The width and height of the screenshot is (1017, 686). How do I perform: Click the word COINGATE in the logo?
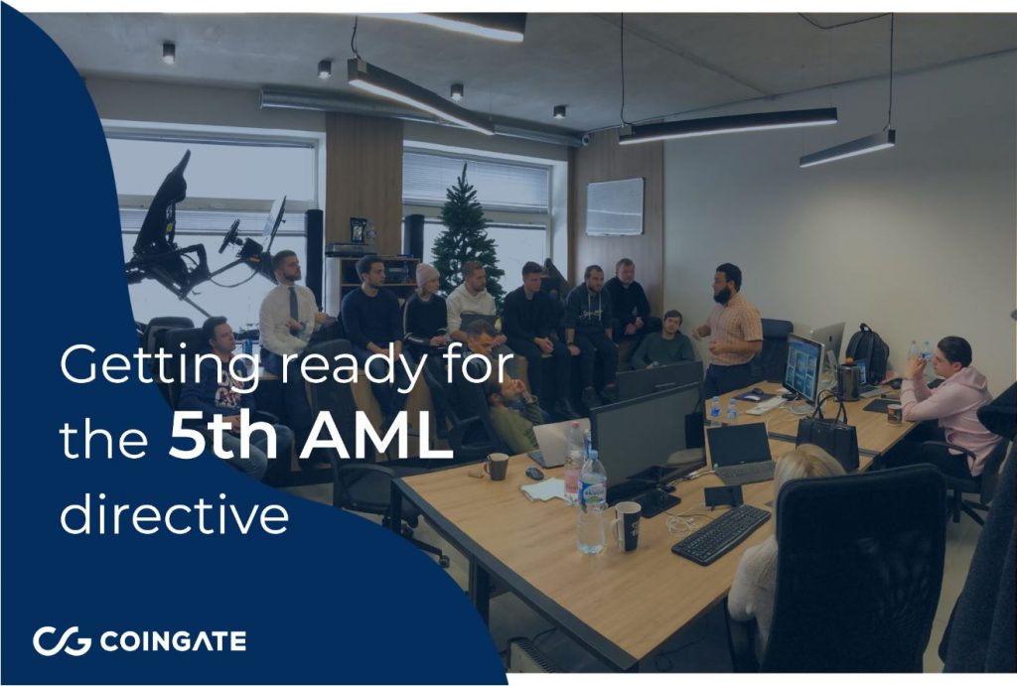pos(173,641)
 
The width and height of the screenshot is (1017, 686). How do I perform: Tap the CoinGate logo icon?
pos(62,641)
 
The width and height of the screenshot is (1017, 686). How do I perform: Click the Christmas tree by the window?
pos(467,234)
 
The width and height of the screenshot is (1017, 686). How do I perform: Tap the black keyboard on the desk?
pos(721,534)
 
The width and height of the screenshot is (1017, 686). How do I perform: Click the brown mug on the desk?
pos(497,467)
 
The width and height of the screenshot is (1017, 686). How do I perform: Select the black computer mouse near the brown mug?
pos(534,474)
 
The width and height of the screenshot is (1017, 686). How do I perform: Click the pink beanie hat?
pos(427,274)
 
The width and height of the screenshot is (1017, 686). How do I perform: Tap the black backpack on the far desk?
pos(868,352)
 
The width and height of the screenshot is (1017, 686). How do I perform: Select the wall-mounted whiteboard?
pos(615,206)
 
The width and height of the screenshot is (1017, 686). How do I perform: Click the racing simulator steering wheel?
pos(229,236)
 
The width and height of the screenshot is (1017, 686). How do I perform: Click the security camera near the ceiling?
pos(585,139)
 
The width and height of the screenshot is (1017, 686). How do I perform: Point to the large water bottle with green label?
pos(592,502)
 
